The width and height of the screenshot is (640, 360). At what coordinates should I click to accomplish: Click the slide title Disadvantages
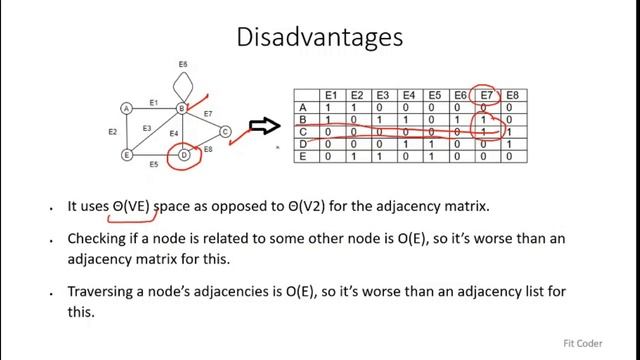click(x=320, y=38)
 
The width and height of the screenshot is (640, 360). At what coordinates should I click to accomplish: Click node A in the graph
click(x=127, y=108)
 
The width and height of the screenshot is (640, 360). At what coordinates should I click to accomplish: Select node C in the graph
click(x=225, y=131)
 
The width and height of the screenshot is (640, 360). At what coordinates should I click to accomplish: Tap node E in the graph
click(x=127, y=155)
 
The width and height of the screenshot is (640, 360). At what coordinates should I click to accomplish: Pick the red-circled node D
click(x=183, y=155)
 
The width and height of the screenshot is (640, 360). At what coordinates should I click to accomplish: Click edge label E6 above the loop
click(x=183, y=65)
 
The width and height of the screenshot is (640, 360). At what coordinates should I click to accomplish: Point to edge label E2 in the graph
click(x=112, y=132)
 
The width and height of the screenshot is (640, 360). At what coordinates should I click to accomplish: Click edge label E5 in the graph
click(x=153, y=164)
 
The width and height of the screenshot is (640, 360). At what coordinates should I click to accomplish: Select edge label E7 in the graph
click(x=208, y=114)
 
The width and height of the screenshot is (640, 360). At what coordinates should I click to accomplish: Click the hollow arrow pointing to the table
click(x=263, y=125)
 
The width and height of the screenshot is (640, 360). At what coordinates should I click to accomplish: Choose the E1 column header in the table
click(x=331, y=95)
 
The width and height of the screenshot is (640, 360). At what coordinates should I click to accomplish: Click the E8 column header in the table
click(x=512, y=95)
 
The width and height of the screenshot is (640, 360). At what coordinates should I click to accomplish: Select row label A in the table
click(x=302, y=107)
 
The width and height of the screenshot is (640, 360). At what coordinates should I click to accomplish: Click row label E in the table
click(x=302, y=156)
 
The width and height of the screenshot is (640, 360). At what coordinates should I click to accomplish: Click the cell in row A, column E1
click(x=331, y=107)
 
